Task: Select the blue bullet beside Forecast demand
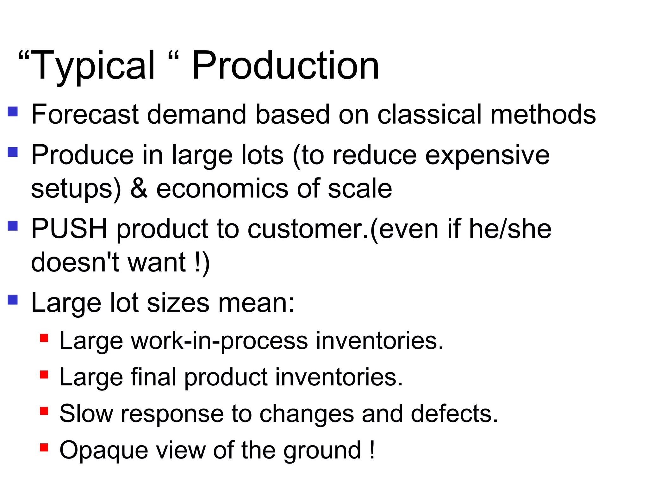pos(13,111)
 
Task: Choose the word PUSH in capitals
pos(69,228)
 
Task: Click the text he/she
pos(510,228)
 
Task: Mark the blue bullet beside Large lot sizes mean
pos(13,299)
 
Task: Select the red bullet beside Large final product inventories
pos(44,375)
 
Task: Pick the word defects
pos(454,414)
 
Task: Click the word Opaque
pos(104,451)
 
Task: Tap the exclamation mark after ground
pos(372,449)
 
